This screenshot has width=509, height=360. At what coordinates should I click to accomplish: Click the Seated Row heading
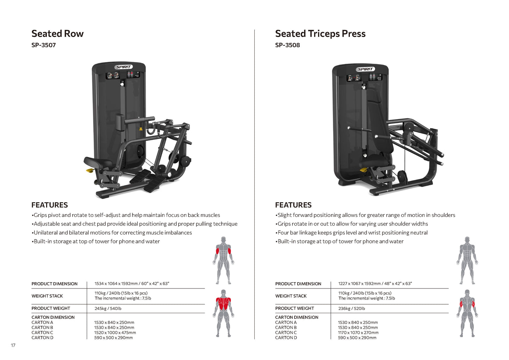57,34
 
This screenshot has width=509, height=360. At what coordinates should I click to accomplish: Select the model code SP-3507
43,45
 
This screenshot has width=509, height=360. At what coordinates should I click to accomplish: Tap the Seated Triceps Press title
320,34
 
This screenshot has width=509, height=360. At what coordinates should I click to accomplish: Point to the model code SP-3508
287,45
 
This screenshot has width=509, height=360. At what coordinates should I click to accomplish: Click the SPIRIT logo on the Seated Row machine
123,67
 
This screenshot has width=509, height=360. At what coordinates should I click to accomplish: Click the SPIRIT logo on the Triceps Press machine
365,69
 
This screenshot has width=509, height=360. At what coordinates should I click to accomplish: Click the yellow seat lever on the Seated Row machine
90,171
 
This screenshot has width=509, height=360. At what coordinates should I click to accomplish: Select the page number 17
13,345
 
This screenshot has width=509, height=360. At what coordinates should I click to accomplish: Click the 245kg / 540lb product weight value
108,309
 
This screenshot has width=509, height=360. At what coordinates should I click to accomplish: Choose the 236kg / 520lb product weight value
351,309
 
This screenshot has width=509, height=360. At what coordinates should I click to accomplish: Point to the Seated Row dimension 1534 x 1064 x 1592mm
132,284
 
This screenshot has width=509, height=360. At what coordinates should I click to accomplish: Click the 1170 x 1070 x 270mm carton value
358,333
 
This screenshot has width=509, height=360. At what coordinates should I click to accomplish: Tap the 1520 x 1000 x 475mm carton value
115,333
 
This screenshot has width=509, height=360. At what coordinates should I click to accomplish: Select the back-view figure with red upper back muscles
223,313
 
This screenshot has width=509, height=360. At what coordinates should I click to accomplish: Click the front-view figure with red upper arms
223,260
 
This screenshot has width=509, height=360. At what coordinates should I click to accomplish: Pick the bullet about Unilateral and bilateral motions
112,232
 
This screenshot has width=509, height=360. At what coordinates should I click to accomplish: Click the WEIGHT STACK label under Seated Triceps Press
291,296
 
